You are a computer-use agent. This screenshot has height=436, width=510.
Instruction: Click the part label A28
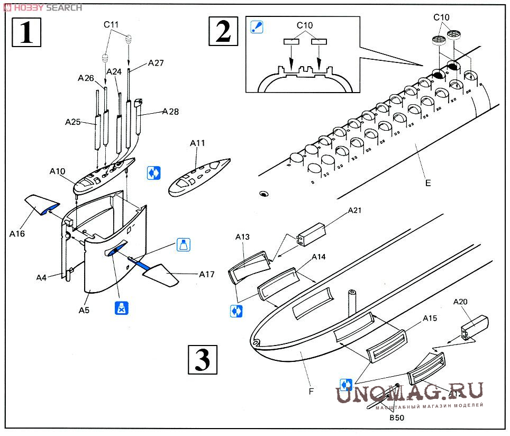click(170, 112)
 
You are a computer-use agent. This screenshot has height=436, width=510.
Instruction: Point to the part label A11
click(197, 143)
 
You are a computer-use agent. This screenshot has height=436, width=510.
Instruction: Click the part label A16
click(18, 233)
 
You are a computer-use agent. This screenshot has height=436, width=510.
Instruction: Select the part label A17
click(206, 274)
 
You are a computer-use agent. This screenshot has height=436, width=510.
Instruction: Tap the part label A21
click(354, 211)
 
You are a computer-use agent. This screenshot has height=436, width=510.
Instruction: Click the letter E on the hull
click(427, 183)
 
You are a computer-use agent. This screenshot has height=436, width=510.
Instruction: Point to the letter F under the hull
click(311, 392)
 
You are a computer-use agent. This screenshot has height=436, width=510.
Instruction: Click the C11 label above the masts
click(112, 24)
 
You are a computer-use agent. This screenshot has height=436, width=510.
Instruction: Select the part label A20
click(461, 302)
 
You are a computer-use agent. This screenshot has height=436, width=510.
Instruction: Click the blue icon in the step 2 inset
click(257, 26)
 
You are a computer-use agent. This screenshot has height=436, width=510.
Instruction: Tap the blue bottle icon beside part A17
click(183, 244)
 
